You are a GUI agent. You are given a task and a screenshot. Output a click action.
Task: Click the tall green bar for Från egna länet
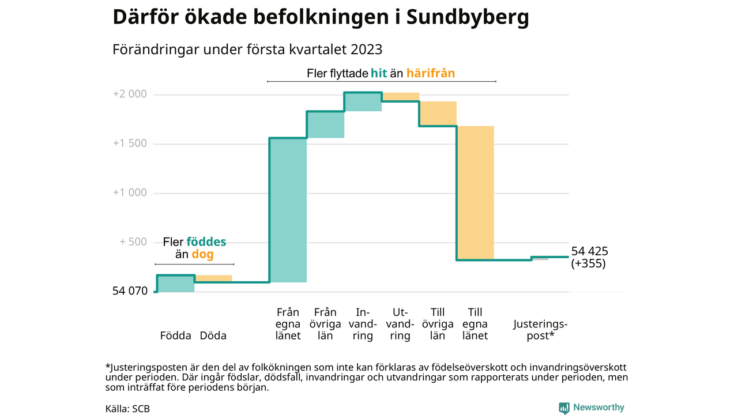pyautogui.click(x=288, y=210)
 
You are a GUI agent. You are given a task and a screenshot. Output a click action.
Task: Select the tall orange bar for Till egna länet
pyautogui.click(x=475, y=193)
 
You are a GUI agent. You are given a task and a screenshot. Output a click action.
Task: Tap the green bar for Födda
pyautogui.click(x=175, y=284)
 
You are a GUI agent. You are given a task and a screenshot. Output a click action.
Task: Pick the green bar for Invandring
pyautogui.click(x=363, y=101)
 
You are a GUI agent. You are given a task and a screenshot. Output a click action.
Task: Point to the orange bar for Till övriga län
pyautogui.click(x=438, y=114)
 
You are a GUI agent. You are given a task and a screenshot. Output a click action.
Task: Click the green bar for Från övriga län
pyautogui.click(x=325, y=124)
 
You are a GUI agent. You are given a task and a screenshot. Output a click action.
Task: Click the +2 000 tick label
pyautogui.click(x=130, y=95)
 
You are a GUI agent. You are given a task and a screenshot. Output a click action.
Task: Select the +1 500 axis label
pyautogui.click(x=130, y=144)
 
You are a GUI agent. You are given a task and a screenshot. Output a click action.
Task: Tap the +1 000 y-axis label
pyautogui.click(x=130, y=193)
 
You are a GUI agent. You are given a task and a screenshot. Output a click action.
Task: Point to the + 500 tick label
pyautogui.click(x=133, y=242)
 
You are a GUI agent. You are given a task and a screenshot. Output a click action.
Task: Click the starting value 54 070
pyautogui.click(x=130, y=292)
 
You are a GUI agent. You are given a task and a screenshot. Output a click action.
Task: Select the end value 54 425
pyautogui.click(x=589, y=251)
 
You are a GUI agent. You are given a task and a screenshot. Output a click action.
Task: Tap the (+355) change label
pyautogui.click(x=588, y=265)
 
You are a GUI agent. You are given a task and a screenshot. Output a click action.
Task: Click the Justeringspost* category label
pyautogui.click(x=540, y=330)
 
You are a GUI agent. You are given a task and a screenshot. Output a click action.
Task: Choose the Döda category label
pyautogui.click(x=213, y=335)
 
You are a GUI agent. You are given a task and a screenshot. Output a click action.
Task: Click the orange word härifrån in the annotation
pyautogui.click(x=430, y=73)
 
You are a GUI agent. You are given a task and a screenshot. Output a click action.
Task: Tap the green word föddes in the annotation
pyautogui.click(x=206, y=242)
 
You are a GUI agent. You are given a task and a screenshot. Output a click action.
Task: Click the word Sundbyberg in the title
pyautogui.click(x=468, y=17)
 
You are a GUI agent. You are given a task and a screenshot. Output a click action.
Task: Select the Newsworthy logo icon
pyautogui.click(x=564, y=408)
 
